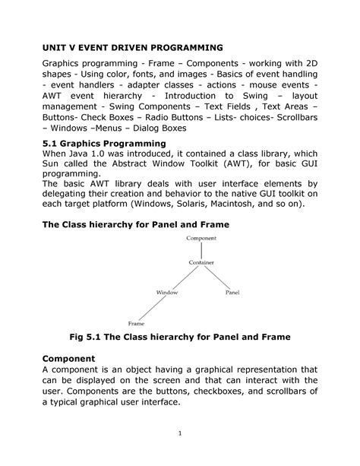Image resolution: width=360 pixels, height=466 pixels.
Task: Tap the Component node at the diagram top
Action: [201, 239]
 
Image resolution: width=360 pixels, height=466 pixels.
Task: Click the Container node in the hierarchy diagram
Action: [201, 263]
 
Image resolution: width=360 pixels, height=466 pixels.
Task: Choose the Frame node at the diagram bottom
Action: [137, 323]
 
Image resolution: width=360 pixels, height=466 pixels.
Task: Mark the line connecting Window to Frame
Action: [152, 308]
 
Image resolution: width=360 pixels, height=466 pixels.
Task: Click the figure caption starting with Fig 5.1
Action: [179, 337]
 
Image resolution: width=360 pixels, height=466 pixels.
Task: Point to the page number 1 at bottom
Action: [179, 433]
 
